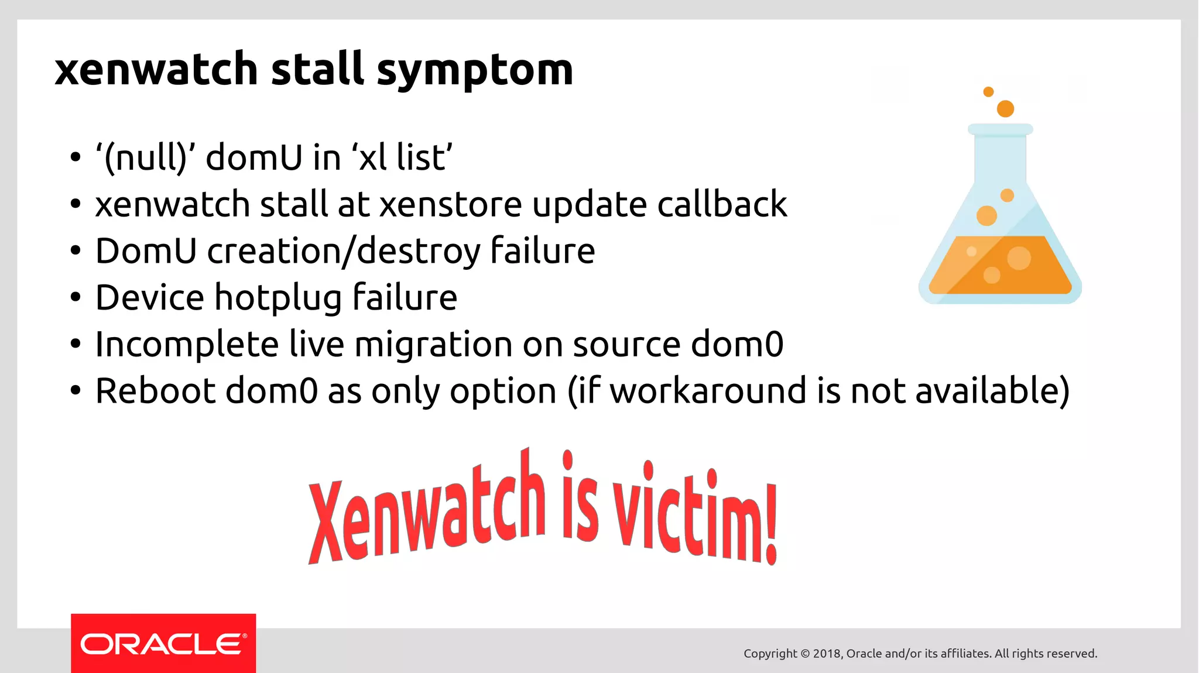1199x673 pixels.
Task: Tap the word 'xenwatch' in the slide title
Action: point(156,69)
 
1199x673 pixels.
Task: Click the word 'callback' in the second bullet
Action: point(722,204)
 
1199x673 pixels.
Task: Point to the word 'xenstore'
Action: point(450,205)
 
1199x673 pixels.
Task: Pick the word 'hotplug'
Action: point(278,298)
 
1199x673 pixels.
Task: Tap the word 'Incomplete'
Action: point(187,345)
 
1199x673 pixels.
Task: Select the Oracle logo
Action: point(163,644)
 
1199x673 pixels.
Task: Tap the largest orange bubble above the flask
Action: point(1005,109)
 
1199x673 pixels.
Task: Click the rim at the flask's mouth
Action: point(1000,129)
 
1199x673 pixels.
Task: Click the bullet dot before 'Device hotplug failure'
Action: point(75,298)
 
